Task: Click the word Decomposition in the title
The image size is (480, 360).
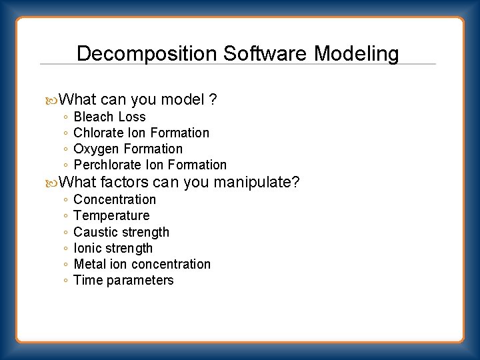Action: (147, 53)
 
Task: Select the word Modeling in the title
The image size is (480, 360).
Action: (357, 53)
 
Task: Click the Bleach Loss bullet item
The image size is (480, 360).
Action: (109, 117)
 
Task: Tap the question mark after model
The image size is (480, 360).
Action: (213, 100)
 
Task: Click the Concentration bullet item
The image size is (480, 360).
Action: (115, 199)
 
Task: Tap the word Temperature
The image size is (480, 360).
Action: (111, 215)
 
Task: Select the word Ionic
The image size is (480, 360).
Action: (88, 248)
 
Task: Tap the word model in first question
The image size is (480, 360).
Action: (181, 100)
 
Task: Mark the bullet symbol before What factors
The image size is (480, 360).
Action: (53, 182)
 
